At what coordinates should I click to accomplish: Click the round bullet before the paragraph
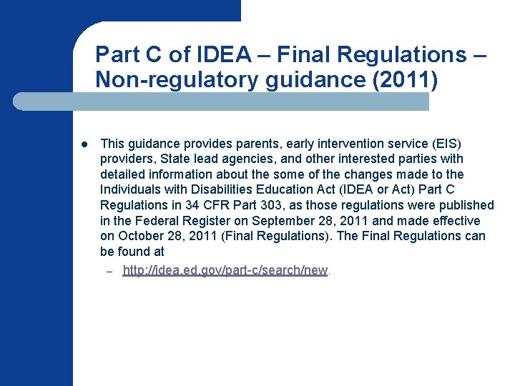point(84,144)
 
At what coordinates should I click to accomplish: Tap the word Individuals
point(129,189)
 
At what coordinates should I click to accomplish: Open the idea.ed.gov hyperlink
point(225,270)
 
